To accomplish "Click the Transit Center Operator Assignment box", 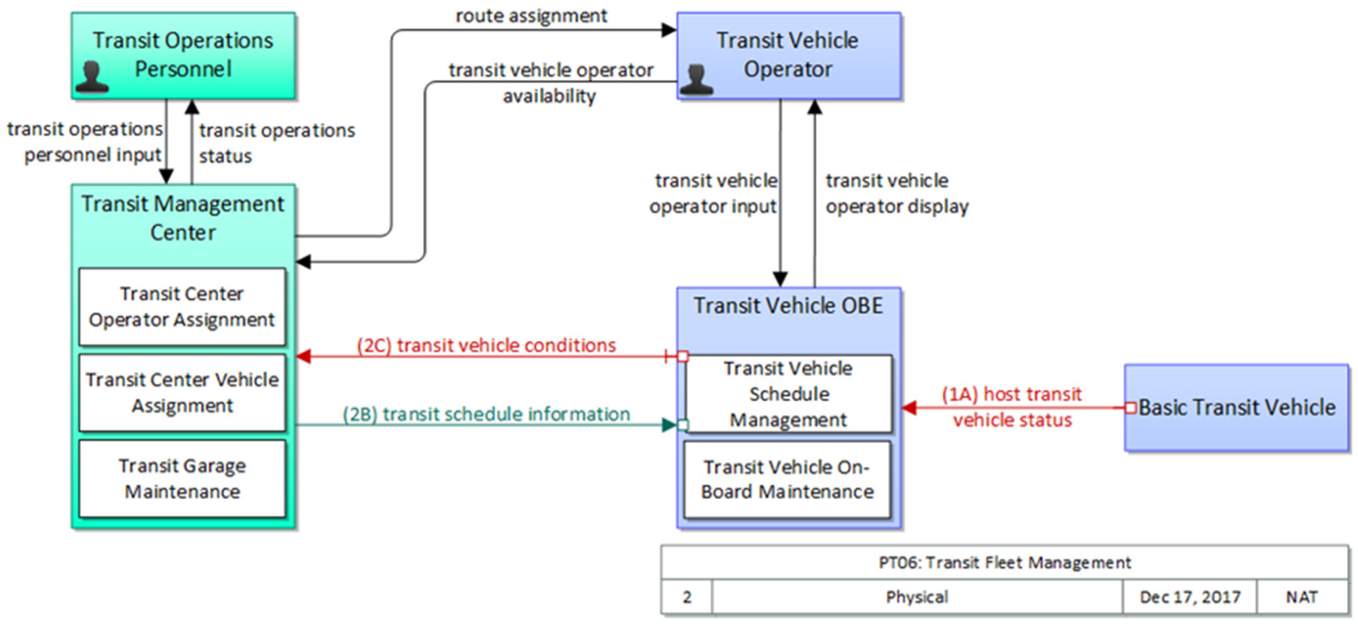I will (182, 307).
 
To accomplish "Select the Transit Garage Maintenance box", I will (182, 478).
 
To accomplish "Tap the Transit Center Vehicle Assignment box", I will (182, 392).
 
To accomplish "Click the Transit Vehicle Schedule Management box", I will (788, 394).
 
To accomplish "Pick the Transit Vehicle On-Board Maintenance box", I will (787, 480).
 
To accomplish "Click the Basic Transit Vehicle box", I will (1236, 407).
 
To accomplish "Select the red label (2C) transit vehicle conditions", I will (486, 345).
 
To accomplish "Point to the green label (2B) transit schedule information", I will (486, 414).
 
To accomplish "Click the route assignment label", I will (531, 16).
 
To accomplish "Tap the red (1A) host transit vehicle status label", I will (1012, 407).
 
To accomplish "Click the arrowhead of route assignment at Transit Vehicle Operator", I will (670, 30).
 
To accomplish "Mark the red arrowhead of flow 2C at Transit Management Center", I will (304, 357).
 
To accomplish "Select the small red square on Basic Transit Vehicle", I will (1130, 407).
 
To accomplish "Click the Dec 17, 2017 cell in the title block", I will (1189, 597).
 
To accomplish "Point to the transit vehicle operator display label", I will (896, 193).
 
